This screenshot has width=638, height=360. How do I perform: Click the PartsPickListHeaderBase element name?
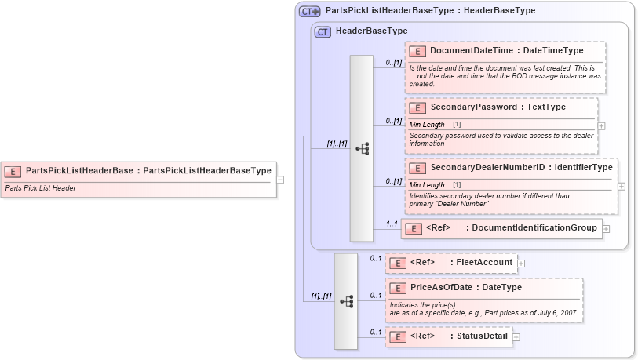tap(148, 170)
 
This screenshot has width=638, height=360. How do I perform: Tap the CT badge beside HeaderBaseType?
tap(323, 32)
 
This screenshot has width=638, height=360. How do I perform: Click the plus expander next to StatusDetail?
tap(516, 337)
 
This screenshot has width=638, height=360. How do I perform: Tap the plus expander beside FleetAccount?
tap(521, 264)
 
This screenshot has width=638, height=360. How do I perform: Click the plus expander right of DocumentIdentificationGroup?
tap(606, 229)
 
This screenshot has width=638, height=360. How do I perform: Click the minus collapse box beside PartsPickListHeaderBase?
tap(280, 180)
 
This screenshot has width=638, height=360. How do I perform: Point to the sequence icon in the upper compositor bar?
tap(362, 148)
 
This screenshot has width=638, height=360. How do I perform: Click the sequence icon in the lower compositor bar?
tap(346, 300)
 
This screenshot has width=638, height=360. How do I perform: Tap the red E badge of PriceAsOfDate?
tap(399, 288)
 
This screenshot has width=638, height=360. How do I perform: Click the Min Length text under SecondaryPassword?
tap(428, 125)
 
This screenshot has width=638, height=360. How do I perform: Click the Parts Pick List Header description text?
tap(40, 188)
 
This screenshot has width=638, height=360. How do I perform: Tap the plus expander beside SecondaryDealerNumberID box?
tap(622, 187)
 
